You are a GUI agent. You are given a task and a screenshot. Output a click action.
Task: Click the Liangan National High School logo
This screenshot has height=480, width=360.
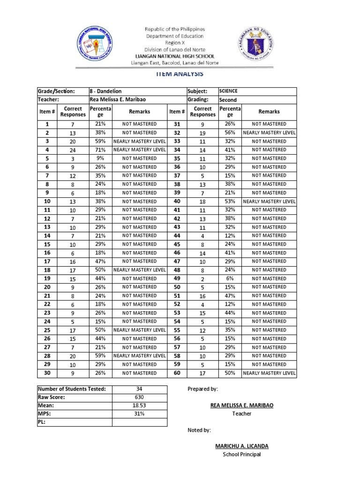click(97, 45)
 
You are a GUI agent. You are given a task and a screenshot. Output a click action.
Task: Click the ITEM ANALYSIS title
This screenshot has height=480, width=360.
click(180, 74)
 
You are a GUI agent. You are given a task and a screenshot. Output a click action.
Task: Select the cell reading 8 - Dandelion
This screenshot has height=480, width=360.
click(106, 91)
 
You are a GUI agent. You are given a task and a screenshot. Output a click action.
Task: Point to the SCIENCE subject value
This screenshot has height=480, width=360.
click(228, 91)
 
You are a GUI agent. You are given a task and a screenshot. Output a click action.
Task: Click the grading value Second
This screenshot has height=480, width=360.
click(228, 100)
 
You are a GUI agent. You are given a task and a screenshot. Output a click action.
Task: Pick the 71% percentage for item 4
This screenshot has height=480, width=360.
click(100, 150)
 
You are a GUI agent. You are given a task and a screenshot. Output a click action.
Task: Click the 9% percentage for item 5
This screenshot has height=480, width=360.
click(100, 158)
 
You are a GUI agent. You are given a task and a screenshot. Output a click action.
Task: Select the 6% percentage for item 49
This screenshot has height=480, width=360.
click(230, 278)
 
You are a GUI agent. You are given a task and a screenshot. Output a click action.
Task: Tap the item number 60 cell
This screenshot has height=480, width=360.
click(177, 373)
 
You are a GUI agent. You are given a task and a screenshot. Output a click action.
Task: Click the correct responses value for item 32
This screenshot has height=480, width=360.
click(202, 133)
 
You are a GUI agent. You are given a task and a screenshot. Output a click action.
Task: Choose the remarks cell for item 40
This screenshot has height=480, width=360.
click(269, 201)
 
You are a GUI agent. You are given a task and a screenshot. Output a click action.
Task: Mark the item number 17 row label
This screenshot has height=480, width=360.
click(47, 262)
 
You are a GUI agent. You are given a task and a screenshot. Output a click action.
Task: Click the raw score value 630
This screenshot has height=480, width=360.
click(139, 397)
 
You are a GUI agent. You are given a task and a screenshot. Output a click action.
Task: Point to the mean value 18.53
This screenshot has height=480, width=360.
click(139, 405)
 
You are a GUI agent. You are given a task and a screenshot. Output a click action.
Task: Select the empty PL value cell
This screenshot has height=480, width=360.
click(139, 422)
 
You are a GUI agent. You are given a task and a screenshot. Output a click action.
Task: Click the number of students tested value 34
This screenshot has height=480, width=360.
click(139, 389)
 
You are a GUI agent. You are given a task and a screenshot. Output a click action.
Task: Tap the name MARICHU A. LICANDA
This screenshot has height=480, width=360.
click(241, 446)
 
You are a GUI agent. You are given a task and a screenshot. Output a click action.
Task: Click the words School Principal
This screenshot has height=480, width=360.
click(241, 455)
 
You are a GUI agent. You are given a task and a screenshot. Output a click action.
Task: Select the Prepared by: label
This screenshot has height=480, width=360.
click(202, 389)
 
